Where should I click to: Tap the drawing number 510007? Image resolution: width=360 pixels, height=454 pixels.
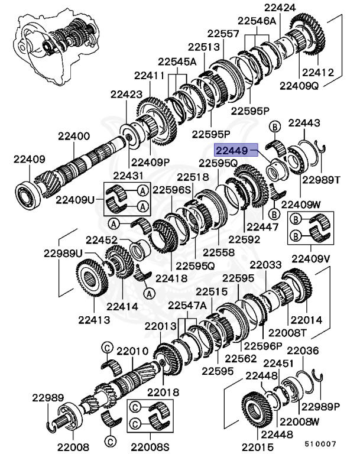point(320,443)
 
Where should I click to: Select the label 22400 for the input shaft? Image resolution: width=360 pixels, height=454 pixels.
point(74,136)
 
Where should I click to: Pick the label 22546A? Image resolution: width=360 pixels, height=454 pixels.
point(256,21)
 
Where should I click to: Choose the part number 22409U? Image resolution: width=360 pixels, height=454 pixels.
point(74,199)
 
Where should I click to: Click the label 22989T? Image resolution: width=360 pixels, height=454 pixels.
point(321,180)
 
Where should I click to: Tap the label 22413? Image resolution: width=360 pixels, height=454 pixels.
point(93,320)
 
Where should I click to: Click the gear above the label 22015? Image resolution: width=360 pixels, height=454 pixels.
point(257,408)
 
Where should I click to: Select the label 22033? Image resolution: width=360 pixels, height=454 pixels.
point(267,265)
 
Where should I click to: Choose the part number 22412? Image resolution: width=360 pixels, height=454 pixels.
point(318,73)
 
